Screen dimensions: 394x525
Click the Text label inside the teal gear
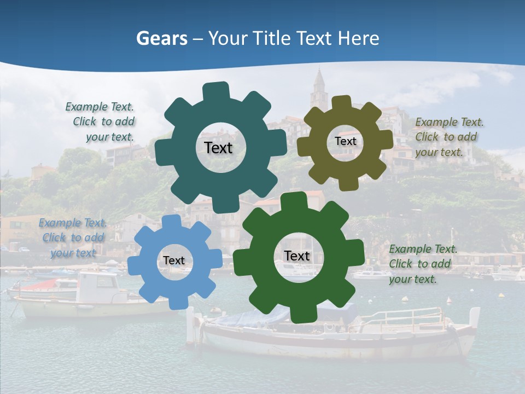coord(218,148)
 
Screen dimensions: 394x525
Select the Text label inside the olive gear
coord(345,141)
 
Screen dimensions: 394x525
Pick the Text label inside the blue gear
coord(174,260)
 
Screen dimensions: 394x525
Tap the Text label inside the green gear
coord(297,256)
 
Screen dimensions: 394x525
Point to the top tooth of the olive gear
coord(342,102)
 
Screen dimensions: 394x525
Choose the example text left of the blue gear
coord(73,237)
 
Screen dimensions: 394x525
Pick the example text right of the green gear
coord(422,264)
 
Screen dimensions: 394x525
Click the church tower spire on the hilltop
coord(319,82)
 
